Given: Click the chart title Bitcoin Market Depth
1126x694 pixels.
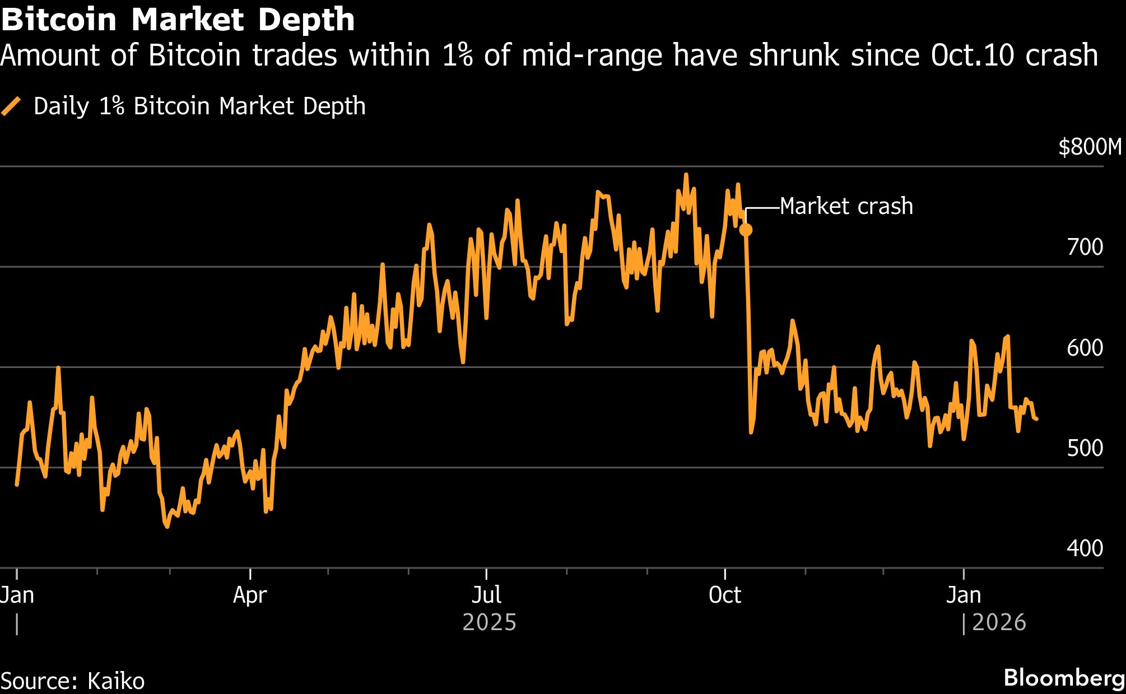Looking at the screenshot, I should tap(178, 20).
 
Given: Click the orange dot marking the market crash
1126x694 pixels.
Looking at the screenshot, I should tap(746, 230).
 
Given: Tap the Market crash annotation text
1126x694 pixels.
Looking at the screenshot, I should tap(846, 207).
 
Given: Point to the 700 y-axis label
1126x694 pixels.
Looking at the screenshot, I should tap(1085, 247).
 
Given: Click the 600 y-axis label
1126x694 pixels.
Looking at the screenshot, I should tap(1085, 348).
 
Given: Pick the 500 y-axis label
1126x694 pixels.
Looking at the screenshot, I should tap(1085, 448).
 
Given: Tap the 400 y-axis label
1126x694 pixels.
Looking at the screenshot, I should tap(1085, 548).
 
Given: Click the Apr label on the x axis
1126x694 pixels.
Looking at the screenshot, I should tap(250, 595).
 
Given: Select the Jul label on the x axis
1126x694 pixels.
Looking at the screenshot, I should tap(486, 595).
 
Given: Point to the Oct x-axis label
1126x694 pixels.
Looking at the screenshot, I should tap(725, 595).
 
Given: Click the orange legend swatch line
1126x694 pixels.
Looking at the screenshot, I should tap(11, 106).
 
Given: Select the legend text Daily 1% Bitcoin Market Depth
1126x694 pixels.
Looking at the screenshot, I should tap(199, 106).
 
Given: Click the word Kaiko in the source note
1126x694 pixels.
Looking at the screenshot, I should tap(116, 681).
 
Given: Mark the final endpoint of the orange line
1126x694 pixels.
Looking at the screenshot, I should tap(1037, 419).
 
